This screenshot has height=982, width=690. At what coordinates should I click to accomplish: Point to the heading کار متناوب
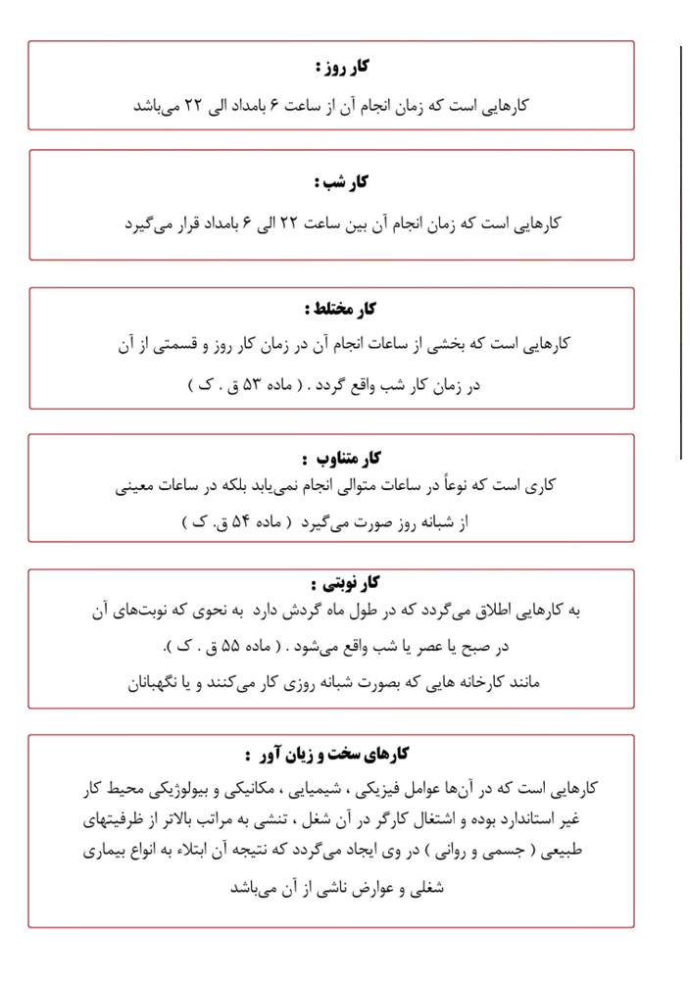pos(341,458)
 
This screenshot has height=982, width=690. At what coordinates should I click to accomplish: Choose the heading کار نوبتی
pos(339,585)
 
